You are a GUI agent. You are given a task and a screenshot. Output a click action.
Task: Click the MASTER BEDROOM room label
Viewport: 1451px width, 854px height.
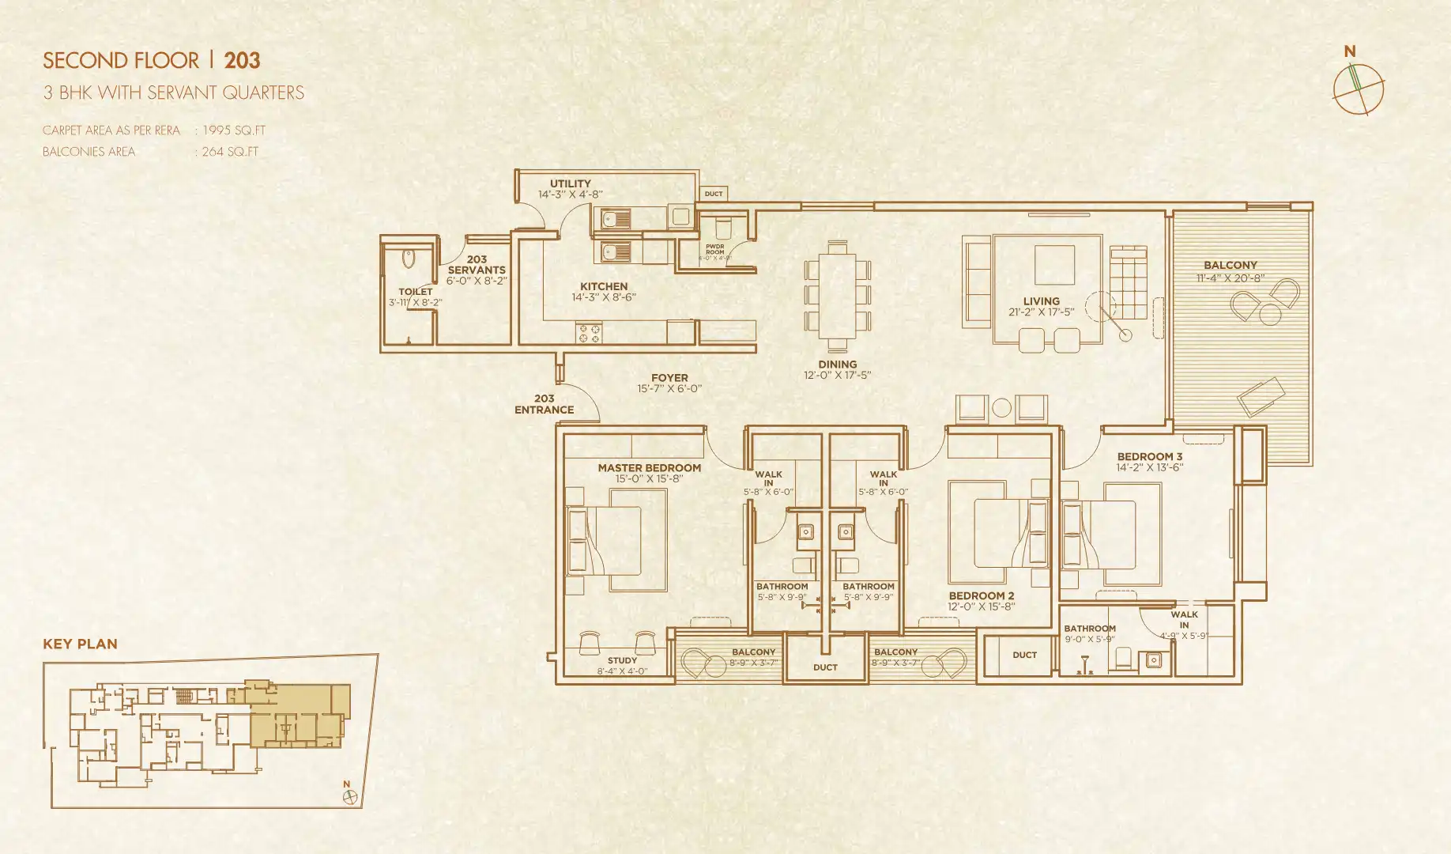pyautogui.click(x=649, y=468)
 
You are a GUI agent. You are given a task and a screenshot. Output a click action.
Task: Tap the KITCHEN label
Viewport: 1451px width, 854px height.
pyautogui.click(x=604, y=287)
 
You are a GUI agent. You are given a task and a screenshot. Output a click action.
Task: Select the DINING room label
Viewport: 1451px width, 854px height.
pyautogui.click(x=837, y=365)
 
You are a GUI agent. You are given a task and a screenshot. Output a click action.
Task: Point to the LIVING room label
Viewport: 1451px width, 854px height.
pyautogui.click(x=1041, y=301)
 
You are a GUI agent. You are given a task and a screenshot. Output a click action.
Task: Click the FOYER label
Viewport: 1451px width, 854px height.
pyautogui.click(x=669, y=378)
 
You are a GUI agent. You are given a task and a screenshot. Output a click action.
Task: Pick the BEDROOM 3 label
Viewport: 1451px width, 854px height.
pyautogui.click(x=1149, y=457)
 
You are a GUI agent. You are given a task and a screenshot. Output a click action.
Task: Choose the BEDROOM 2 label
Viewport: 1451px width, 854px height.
pyautogui.click(x=981, y=596)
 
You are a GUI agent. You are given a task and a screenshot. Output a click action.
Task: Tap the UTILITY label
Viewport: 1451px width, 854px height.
pyautogui.click(x=571, y=183)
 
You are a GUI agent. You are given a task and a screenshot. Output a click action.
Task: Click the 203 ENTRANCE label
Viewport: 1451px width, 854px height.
pyautogui.click(x=544, y=404)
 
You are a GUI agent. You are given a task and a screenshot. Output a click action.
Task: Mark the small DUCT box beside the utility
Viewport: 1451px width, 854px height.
pyautogui.click(x=714, y=194)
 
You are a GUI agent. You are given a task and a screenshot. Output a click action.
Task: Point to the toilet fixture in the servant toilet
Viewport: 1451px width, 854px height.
pyautogui.click(x=408, y=259)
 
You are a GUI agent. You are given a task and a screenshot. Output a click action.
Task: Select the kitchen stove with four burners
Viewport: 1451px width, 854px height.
pyautogui.click(x=589, y=333)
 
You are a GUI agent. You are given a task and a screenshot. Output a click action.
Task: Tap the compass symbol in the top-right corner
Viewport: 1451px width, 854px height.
pyautogui.click(x=1358, y=89)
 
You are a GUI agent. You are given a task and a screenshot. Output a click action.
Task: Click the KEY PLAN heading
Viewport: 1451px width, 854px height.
pyautogui.click(x=80, y=644)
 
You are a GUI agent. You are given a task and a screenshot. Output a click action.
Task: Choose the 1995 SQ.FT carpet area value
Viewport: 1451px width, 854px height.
pyautogui.click(x=234, y=130)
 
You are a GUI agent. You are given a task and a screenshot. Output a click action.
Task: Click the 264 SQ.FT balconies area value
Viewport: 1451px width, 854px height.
pyautogui.click(x=230, y=152)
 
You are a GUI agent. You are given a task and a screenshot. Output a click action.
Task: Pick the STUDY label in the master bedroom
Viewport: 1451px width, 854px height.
pyautogui.click(x=622, y=660)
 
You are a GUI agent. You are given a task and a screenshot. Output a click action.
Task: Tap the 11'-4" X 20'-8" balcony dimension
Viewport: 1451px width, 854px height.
pyautogui.click(x=1230, y=278)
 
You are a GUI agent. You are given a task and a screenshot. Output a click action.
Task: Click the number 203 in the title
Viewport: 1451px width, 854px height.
pyautogui.click(x=242, y=61)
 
